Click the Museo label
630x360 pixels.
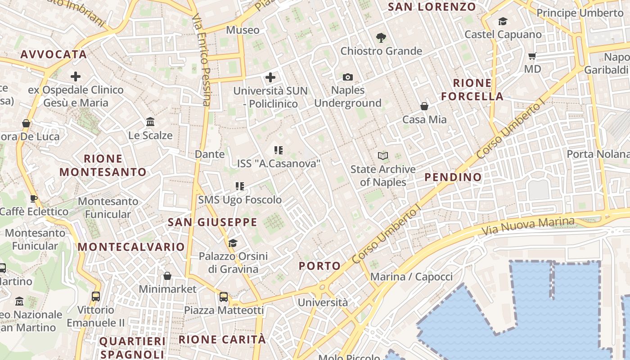click(x=243, y=30)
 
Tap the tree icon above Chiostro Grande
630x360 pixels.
click(x=381, y=38)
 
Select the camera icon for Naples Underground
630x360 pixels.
click(x=347, y=77)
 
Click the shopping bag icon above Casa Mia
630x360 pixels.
click(x=424, y=106)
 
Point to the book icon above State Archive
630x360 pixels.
click(x=383, y=156)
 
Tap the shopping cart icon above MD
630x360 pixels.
click(x=532, y=56)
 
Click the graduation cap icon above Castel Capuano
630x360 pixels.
click(x=503, y=21)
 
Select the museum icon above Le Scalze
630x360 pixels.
click(x=150, y=122)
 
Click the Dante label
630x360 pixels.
click(x=210, y=154)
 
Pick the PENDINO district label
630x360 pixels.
click(x=453, y=177)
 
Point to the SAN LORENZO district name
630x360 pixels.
click(x=432, y=7)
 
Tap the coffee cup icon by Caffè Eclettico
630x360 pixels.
click(x=34, y=198)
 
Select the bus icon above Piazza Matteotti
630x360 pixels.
click(x=224, y=297)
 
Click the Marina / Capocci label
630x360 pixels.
click(x=411, y=276)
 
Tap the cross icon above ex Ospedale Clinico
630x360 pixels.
click(x=76, y=76)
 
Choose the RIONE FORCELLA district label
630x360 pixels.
click(x=472, y=89)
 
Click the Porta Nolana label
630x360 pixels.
click(x=598, y=154)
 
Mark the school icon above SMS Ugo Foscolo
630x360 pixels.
click(x=240, y=186)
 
